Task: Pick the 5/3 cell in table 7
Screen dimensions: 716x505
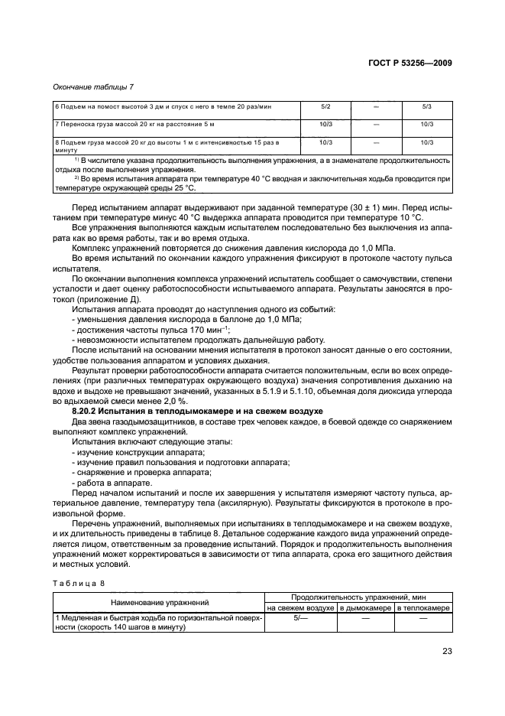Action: click(426, 109)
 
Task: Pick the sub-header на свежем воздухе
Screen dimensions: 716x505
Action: click(300, 607)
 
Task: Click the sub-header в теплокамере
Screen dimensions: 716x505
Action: click(423, 607)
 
